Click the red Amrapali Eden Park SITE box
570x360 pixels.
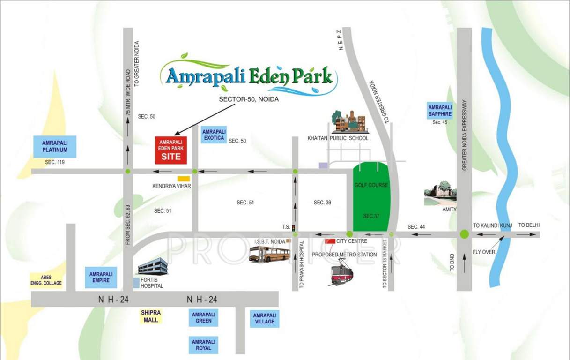point(171,150)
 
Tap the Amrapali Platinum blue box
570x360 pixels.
point(55,147)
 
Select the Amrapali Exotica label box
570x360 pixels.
point(214,135)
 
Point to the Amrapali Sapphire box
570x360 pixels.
point(440,111)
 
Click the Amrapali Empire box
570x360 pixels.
point(101,277)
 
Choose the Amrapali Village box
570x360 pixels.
point(265,318)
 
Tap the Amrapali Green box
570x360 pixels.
point(204,317)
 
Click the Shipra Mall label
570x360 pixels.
point(151,316)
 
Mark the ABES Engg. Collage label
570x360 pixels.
point(46,280)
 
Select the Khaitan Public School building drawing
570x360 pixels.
point(349,122)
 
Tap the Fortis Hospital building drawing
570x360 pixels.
point(152,266)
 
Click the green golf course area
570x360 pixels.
point(370,197)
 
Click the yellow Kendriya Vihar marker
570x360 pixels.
point(183,179)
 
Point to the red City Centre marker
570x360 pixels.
point(330,241)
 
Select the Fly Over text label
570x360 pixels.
point(484,252)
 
